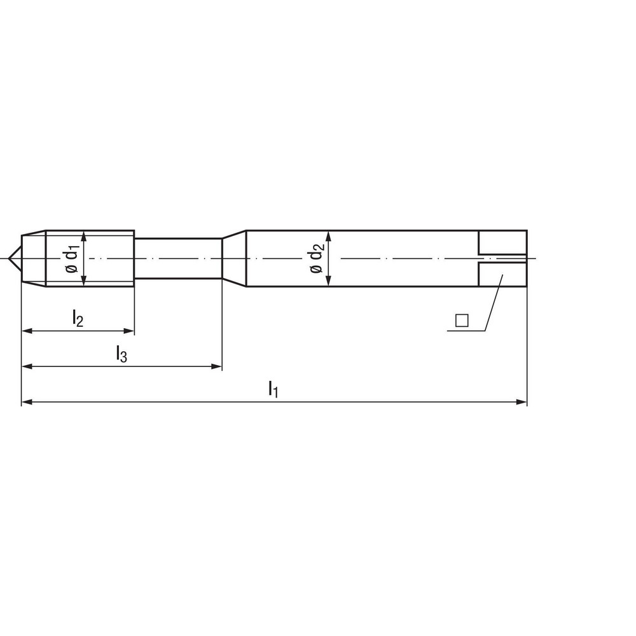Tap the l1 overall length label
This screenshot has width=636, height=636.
click(273, 388)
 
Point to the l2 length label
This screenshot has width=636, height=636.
click(77, 317)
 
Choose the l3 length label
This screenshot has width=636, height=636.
click(121, 353)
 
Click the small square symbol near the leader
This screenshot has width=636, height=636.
click(462, 321)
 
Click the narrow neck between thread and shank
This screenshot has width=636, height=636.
click(178, 258)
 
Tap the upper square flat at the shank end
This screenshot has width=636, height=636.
click(502, 242)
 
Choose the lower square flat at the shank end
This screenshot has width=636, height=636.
click(502, 274)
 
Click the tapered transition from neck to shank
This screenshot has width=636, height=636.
click(234, 258)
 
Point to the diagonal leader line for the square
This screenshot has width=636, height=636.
click(494, 303)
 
